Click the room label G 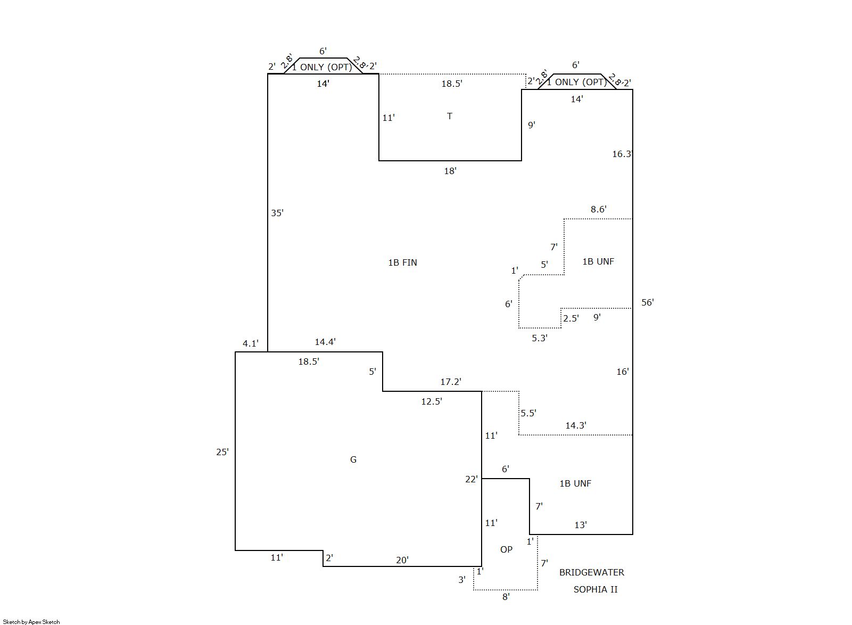(353, 459)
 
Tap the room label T (450, 116)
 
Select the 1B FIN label (402, 262)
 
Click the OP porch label (506, 549)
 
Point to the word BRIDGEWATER (591, 572)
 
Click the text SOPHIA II (595, 590)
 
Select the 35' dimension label (277, 213)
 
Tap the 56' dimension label (648, 302)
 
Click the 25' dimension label (222, 452)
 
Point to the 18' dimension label (450, 171)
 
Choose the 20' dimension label (402, 560)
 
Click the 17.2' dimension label (451, 382)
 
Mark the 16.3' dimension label (622, 154)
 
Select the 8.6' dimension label (599, 209)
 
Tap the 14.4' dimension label (325, 342)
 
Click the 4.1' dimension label (251, 343)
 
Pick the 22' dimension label (472, 479)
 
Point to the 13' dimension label (581, 525)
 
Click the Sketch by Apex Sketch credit (31, 622)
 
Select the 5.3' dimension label (540, 338)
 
